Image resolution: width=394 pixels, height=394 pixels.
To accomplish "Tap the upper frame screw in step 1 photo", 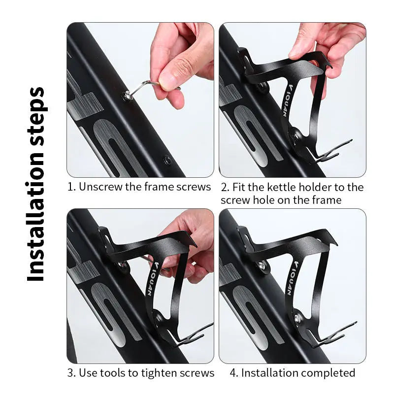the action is point(127,95).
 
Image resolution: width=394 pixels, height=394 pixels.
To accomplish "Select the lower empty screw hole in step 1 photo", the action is point(167,159).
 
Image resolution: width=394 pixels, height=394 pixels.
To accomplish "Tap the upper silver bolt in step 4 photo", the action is point(262,265).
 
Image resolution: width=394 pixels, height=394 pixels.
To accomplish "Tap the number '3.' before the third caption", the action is point(71,373).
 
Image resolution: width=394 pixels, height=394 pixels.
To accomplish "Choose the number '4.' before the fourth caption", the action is point(234,373).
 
